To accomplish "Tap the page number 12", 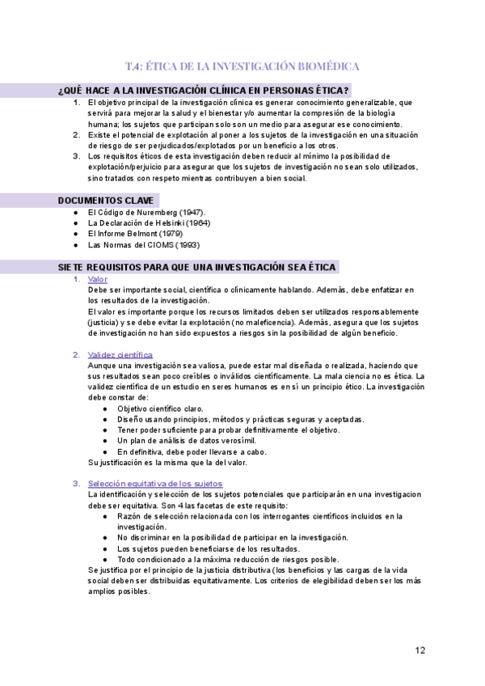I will [x=420, y=650].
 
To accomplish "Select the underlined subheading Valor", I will [x=97, y=279].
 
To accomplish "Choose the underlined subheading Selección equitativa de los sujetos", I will [x=155, y=483].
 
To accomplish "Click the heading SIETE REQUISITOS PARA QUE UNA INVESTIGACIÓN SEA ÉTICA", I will [x=198, y=266].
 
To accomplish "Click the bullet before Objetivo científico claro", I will [x=106, y=409].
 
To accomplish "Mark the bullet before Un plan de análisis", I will [x=106, y=441].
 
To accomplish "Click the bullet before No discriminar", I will [x=106, y=537].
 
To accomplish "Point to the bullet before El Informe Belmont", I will [x=74, y=234].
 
